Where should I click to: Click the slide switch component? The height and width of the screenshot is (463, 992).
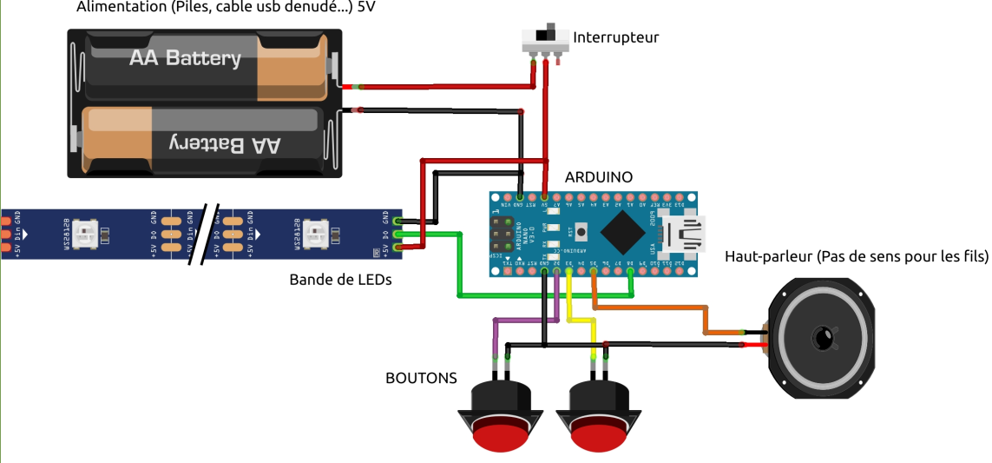[x=544, y=39]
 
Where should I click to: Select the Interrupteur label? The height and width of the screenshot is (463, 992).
[x=615, y=37]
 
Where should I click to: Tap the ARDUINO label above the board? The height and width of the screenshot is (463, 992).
[x=598, y=176]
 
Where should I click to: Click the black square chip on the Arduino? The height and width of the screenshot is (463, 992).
[x=622, y=233]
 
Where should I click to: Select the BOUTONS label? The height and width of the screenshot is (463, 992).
[x=421, y=378]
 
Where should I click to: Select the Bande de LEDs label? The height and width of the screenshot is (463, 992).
[x=340, y=280]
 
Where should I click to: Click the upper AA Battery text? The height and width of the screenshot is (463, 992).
[x=185, y=58]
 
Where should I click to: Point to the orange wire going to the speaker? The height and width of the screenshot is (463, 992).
[x=660, y=308]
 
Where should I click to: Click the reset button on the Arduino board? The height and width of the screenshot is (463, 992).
[x=580, y=232]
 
